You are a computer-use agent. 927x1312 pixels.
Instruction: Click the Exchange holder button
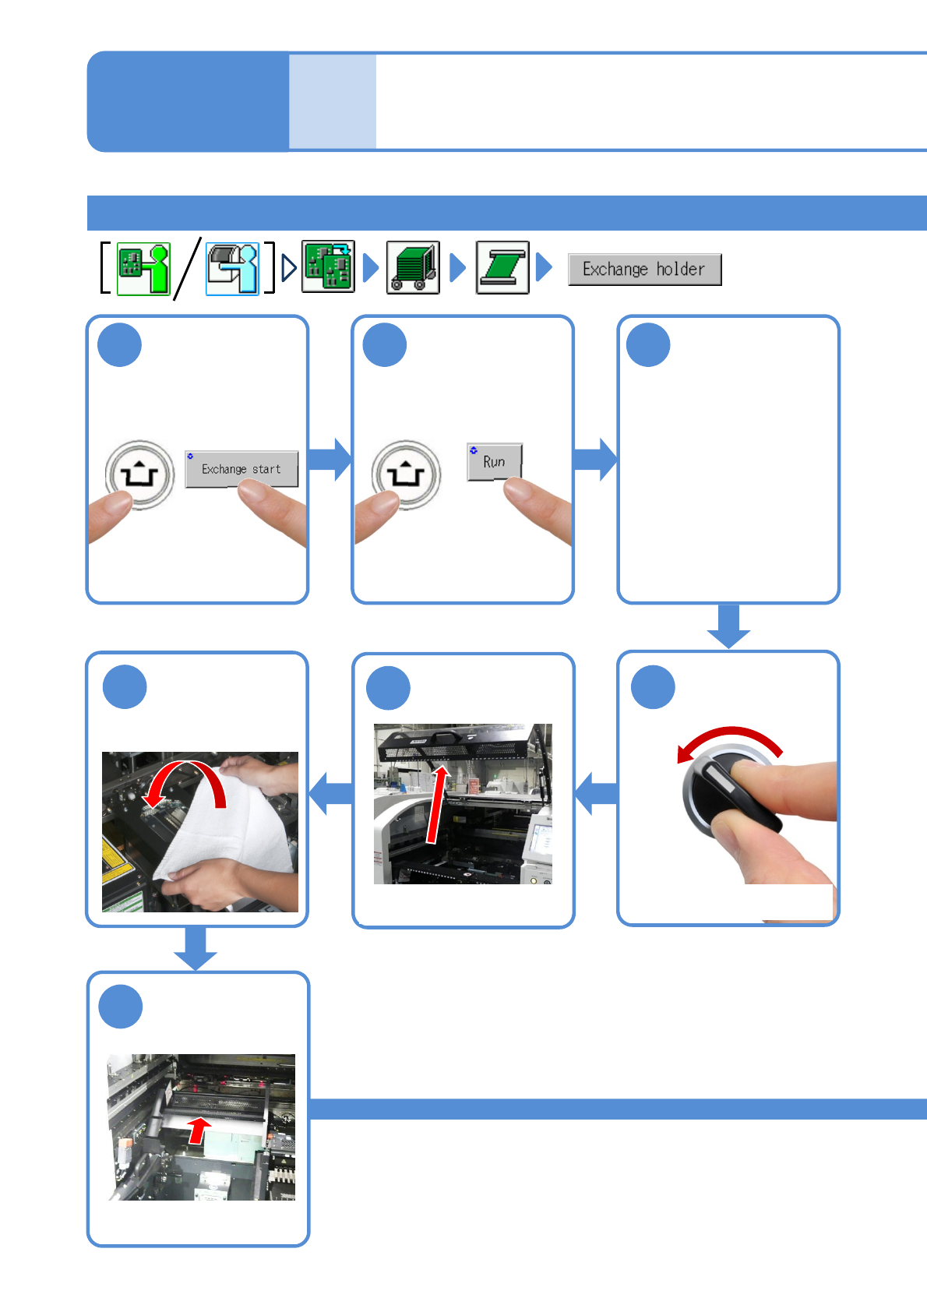(644, 270)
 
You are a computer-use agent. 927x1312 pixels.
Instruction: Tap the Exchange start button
(241, 469)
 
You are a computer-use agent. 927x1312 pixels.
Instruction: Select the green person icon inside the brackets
(143, 269)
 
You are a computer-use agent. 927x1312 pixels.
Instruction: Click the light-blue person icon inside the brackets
(232, 269)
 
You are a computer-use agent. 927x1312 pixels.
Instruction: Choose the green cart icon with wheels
(413, 267)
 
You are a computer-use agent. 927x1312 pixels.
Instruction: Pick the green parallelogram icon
(502, 267)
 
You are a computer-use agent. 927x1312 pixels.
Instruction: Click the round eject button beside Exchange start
(140, 474)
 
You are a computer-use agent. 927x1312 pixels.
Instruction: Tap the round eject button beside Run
(406, 474)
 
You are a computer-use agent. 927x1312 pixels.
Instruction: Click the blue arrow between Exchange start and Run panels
(330, 459)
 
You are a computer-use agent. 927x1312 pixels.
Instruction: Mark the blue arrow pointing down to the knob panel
(728, 626)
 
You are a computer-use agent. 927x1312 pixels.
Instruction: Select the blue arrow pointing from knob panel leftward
(596, 794)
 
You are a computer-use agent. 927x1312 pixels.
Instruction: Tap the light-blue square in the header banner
(333, 101)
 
